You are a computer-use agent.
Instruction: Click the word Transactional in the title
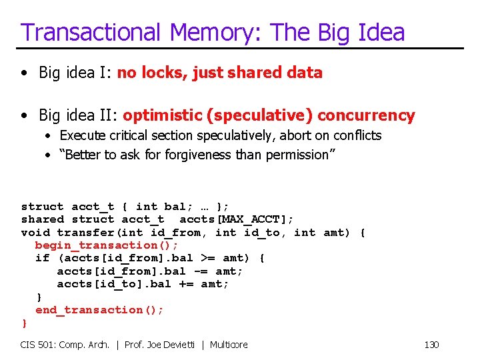click(91, 32)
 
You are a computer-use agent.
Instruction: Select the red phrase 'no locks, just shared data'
click(220, 73)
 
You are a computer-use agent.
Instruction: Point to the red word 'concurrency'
click(366, 115)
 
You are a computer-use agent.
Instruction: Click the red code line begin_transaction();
click(107, 245)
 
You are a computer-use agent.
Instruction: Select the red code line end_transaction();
click(99, 310)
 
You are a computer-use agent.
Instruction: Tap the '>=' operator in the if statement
click(207, 258)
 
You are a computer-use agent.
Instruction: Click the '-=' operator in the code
click(200, 271)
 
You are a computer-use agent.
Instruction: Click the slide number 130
click(431, 345)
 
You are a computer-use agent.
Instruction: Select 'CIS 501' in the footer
click(39, 345)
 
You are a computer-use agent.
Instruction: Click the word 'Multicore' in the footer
click(229, 345)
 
